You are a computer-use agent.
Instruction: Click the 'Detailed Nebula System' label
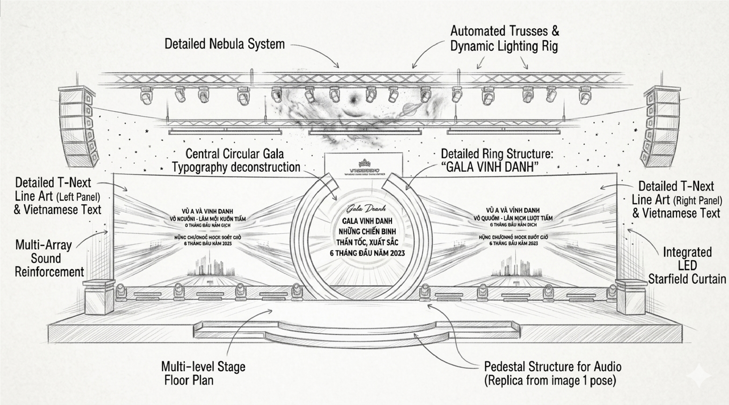tap(224, 44)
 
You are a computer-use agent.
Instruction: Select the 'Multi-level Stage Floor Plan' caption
tap(203, 373)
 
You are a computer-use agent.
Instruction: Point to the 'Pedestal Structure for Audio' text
tap(553, 367)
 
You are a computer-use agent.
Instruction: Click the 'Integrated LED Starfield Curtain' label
tap(687, 266)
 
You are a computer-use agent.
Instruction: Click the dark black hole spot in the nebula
tap(354, 99)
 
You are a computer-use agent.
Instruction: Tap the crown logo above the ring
tap(367, 163)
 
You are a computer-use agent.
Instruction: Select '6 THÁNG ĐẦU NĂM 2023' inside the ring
tap(367, 253)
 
